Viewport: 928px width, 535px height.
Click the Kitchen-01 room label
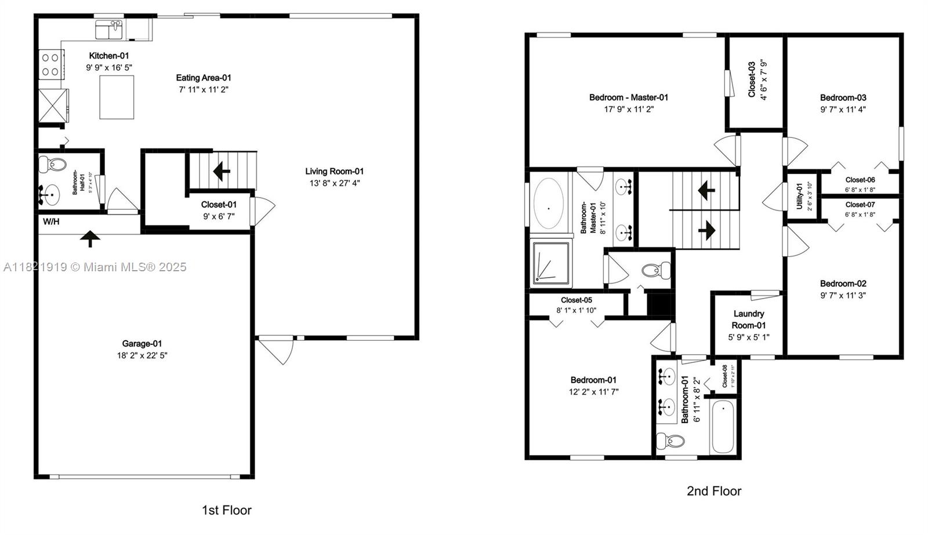108,56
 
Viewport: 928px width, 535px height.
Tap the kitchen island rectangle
117,97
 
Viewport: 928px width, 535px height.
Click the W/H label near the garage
51,221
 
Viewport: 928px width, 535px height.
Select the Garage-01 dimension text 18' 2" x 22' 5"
142,355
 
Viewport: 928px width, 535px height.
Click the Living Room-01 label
335,171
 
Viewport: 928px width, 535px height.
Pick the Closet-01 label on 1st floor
219,204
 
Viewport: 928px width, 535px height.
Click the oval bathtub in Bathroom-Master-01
548,203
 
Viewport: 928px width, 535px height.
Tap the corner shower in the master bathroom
551,264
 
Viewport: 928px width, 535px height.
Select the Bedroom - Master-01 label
629,97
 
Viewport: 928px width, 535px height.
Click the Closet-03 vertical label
752,80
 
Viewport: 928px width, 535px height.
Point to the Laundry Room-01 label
748,319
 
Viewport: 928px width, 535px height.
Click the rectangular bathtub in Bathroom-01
723,427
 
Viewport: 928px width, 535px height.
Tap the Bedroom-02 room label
843,283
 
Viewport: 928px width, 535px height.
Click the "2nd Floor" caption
714,491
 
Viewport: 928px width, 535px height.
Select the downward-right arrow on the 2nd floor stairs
706,231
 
